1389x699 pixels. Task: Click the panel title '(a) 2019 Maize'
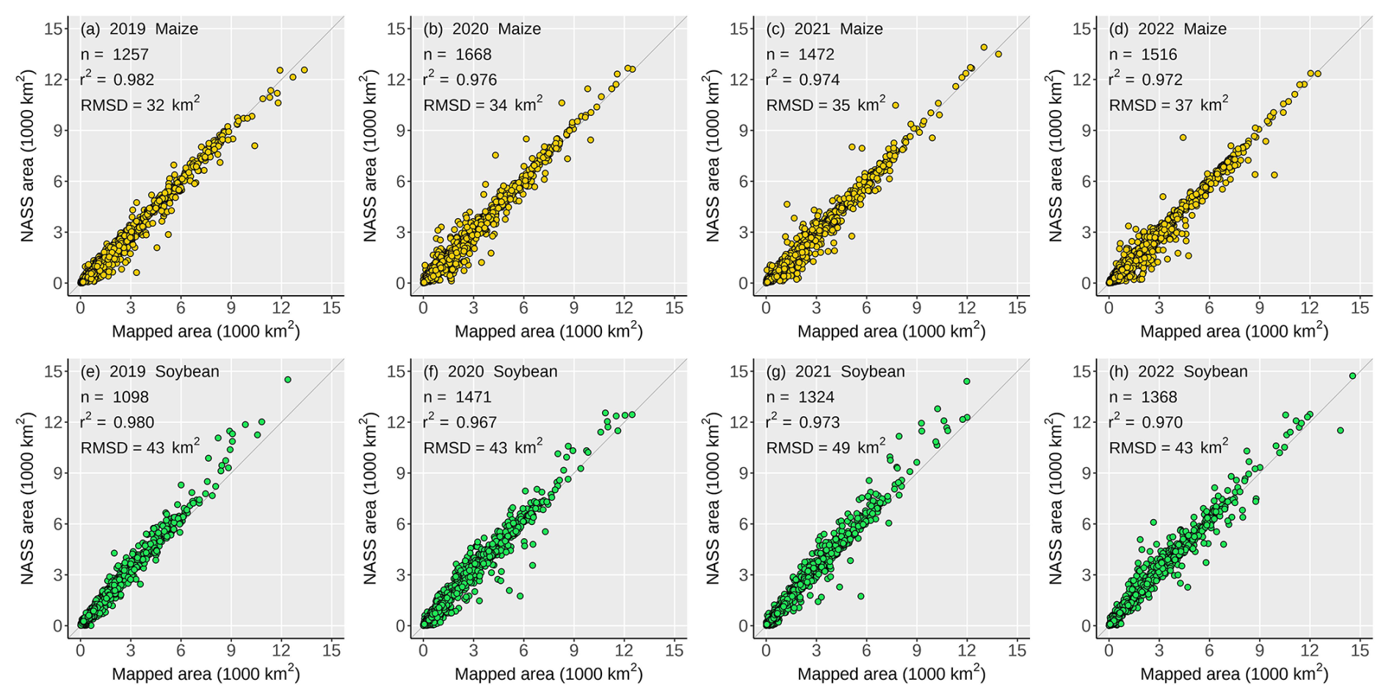[x=139, y=29]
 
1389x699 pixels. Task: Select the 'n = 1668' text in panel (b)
[x=457, y=54]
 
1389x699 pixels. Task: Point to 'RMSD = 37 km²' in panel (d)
[x=1168, y=105]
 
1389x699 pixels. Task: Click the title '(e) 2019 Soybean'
[x=150, y=372]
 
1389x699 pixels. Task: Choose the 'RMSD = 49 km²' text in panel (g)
[x=825, y=448]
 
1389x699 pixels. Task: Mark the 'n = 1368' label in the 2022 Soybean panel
[x=1143, y=397]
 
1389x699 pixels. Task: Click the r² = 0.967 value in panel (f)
[x=460, y=422]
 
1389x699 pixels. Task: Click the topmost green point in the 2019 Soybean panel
[x=288, y=380]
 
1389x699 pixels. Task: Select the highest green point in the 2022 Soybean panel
[x=1352, y=376]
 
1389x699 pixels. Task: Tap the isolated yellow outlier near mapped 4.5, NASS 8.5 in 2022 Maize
[x=1183, y=137]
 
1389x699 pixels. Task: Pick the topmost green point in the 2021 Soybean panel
[x=967, y=381]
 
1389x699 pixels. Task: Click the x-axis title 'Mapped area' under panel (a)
[x=206, y=331]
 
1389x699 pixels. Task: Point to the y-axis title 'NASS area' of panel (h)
[x=1056, y=499]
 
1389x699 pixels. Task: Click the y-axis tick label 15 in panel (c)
[x=739, y=29]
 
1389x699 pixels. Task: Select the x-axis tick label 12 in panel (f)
[x=624, y=651]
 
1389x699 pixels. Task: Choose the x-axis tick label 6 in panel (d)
[x=1209, y=308]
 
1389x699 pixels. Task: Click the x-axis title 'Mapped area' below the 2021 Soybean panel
[x=891, y=674]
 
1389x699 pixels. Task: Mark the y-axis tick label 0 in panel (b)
[x=400, y=283]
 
